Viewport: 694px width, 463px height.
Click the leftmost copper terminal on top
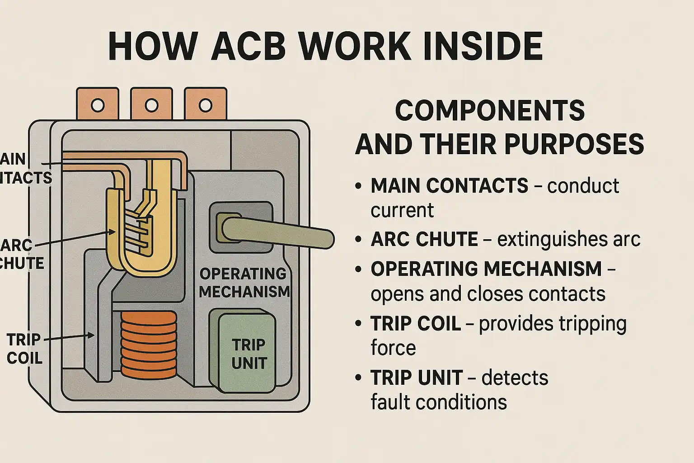pyautogui.click(x=98, y=104)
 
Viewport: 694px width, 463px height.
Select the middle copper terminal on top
pyautogui.click(x=151, y=104)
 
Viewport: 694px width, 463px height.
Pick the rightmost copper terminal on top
pyautogui.click(x=205, y=104)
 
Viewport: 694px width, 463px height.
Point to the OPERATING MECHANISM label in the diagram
pyautogui.click(x=244, y=283)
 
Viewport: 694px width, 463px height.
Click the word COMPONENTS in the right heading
pyautogui.click(x=490, y=110)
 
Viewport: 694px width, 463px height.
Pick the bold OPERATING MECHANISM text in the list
pyautogui.click(x=486, y=269)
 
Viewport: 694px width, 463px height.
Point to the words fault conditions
pyautogui.click(x=438, y=402)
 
